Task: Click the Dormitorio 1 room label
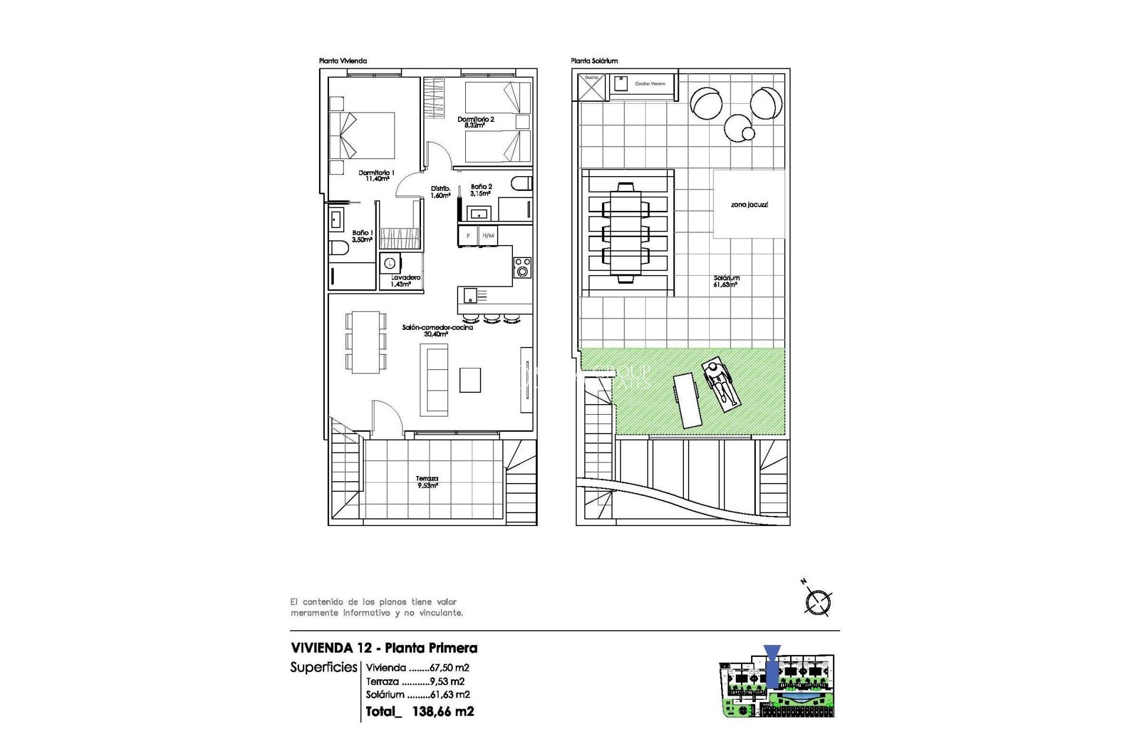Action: click(376, 176)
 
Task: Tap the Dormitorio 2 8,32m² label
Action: click(476, 122)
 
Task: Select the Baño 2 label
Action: click(481, 190)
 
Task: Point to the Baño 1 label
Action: click(362, 236)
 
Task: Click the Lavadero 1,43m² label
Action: click(405, 280)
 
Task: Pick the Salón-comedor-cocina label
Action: click(437, 330)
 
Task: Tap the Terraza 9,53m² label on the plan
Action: click(427, 482)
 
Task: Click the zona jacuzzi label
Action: click(749, 204)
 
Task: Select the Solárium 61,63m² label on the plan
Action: click(726, 281)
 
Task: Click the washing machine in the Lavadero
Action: click(390, 263)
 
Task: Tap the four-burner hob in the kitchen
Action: click(522, 267)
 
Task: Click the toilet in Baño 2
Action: click(521, 183)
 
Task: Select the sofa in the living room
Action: click(434, 380)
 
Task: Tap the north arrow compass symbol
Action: click(818, 601)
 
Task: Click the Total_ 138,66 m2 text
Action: click(419, 712)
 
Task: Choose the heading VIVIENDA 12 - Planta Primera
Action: click(384, 648)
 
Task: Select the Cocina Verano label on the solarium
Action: click(650, 84)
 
